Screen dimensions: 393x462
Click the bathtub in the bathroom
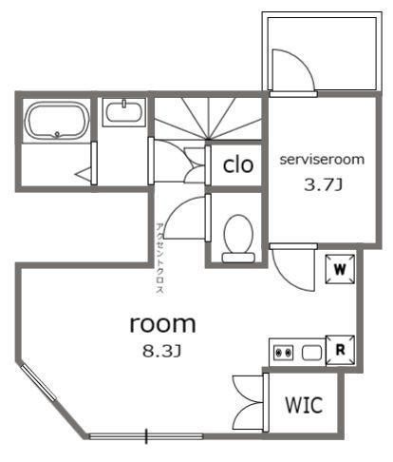point(57,121)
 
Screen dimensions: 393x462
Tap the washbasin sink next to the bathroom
point(123,112)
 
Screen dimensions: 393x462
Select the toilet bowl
point(238,239)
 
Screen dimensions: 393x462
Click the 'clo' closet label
point(238,164)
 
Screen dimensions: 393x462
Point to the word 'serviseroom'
point(322,160)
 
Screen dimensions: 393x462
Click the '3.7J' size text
point(323,184)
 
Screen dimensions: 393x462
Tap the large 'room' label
point(162,323)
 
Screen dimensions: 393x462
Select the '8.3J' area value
point(161,351)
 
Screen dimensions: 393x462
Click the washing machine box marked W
point(340,269)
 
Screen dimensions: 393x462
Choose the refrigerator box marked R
point(340,350)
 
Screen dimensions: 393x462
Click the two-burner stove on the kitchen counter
point(283,353)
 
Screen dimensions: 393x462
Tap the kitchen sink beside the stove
point(312,353)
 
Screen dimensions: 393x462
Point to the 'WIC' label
point(304,405)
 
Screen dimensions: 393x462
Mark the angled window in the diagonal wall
point(39,382)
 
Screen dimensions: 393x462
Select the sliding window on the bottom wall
point(146,436)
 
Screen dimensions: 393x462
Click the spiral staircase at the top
point(208,119)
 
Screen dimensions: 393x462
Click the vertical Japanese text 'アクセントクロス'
point(160,260)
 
